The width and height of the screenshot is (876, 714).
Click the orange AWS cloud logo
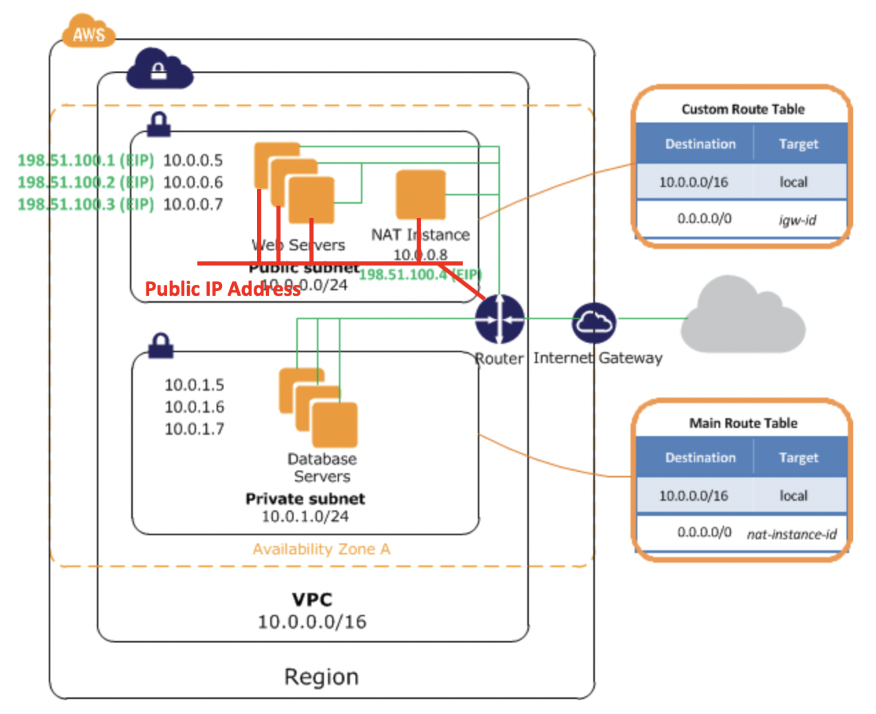pos(89,32)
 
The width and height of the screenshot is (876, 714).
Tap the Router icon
pos(500,319)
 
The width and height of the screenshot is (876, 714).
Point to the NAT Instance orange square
pos(421,195)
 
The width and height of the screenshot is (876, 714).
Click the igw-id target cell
pos(797,220)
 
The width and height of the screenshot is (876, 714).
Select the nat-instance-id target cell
pos(791,534)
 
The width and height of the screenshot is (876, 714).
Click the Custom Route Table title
pos(743,109)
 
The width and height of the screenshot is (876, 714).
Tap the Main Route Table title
pos(743,423)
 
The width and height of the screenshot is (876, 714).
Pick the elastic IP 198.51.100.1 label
pos(85,160)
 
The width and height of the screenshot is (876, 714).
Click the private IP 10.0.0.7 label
pos(193,204)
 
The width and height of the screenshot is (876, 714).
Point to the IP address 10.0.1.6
pos(194,407)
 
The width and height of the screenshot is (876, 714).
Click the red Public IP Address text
pos(222,289)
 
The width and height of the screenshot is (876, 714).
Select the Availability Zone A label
pos(321,549)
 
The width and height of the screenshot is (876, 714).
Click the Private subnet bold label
pos(305,499)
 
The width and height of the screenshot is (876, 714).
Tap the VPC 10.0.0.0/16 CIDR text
pos(312,622)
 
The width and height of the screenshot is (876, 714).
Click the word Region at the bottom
pos(321,677)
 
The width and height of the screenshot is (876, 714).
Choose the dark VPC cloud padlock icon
pos(159,69)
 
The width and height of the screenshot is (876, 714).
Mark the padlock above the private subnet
pos(160,345)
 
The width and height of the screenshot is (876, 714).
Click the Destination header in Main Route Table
pos(700,457)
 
